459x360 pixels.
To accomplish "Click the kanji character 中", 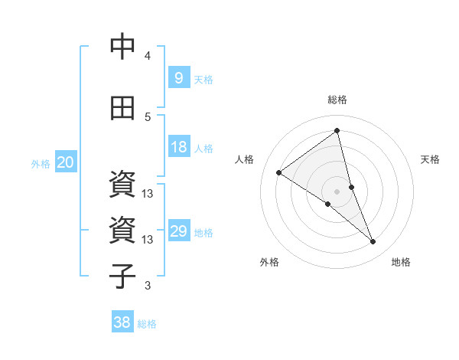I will click(x=123, y=47).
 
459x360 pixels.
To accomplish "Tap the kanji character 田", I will click(x=123, y=108).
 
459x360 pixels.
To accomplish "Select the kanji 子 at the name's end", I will click(x=123, y=276).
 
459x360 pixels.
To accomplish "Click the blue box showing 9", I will click(x=178, y=78).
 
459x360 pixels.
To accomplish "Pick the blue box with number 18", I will click(x=178, y=147).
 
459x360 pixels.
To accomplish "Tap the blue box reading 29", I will click(x=178, y=231).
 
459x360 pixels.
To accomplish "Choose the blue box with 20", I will click(x=66, y=162).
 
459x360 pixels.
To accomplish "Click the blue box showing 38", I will click(x=122, y=322).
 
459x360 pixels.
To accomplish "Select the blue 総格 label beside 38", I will click(x=147, y=324).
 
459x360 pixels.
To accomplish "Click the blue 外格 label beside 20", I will click(x=41, y=164).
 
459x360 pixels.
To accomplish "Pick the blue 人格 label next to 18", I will click(x=203, y=149).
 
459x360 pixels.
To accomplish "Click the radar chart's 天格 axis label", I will click(x=430, y=159).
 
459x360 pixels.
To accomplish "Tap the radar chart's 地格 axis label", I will click(x=401, y=262).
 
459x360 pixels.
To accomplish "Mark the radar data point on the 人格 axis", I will click(x=279, y=173).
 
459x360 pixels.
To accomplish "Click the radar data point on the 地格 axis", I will click(x=373, y=242).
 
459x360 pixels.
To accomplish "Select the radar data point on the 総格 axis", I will click(x=337, y=131).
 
